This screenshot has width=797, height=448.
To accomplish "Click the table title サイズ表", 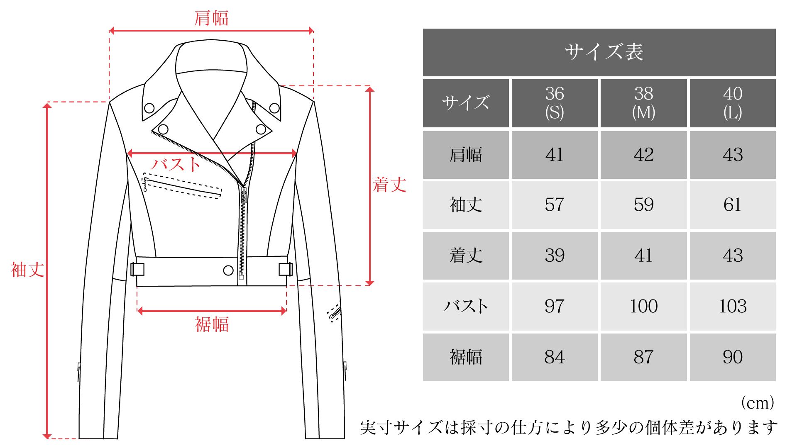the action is click(604, 52).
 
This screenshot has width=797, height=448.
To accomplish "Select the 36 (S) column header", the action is click(555, 103).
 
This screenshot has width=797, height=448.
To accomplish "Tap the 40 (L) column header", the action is click(733, 103).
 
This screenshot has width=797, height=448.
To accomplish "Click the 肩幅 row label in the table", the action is click(466, 155).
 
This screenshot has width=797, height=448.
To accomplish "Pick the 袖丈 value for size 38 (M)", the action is click(643, 205).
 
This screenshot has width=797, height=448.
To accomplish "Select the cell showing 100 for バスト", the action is click(643, 306).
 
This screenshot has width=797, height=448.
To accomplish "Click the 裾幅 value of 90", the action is click(733, 357).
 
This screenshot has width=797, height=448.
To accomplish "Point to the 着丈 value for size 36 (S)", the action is click(555, 255).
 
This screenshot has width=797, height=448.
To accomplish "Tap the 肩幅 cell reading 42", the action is click(643, 155).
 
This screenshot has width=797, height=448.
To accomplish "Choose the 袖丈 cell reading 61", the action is click(733, 205).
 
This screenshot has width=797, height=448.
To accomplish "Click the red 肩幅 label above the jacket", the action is click(211, 18).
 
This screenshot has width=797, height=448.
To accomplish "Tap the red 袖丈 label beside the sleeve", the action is click(27, 270).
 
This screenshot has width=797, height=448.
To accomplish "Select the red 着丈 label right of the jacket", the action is click(389, 185).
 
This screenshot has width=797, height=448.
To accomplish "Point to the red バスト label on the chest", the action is click(176, 165).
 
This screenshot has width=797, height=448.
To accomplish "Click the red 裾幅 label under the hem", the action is click(212, 324).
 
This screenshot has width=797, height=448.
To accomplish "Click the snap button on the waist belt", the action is click(228, 270).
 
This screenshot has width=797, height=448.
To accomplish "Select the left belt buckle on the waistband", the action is click(137, 269).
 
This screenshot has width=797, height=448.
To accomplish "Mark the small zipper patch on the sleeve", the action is click(334, 314).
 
